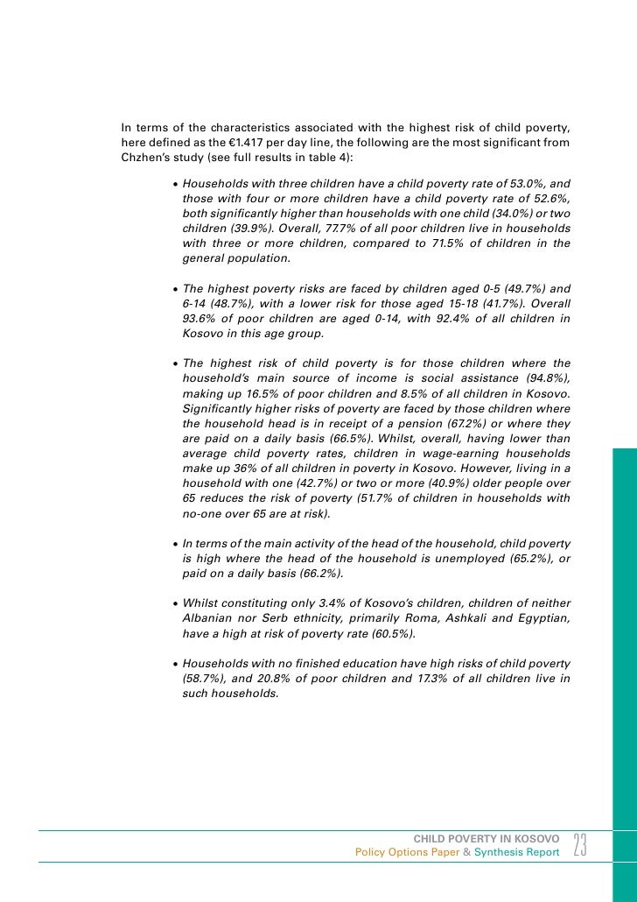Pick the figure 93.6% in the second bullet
coord(199,319)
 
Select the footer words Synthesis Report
coord(516,853)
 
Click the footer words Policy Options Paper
coord(407,853)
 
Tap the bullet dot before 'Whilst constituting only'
coord(176,603)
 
